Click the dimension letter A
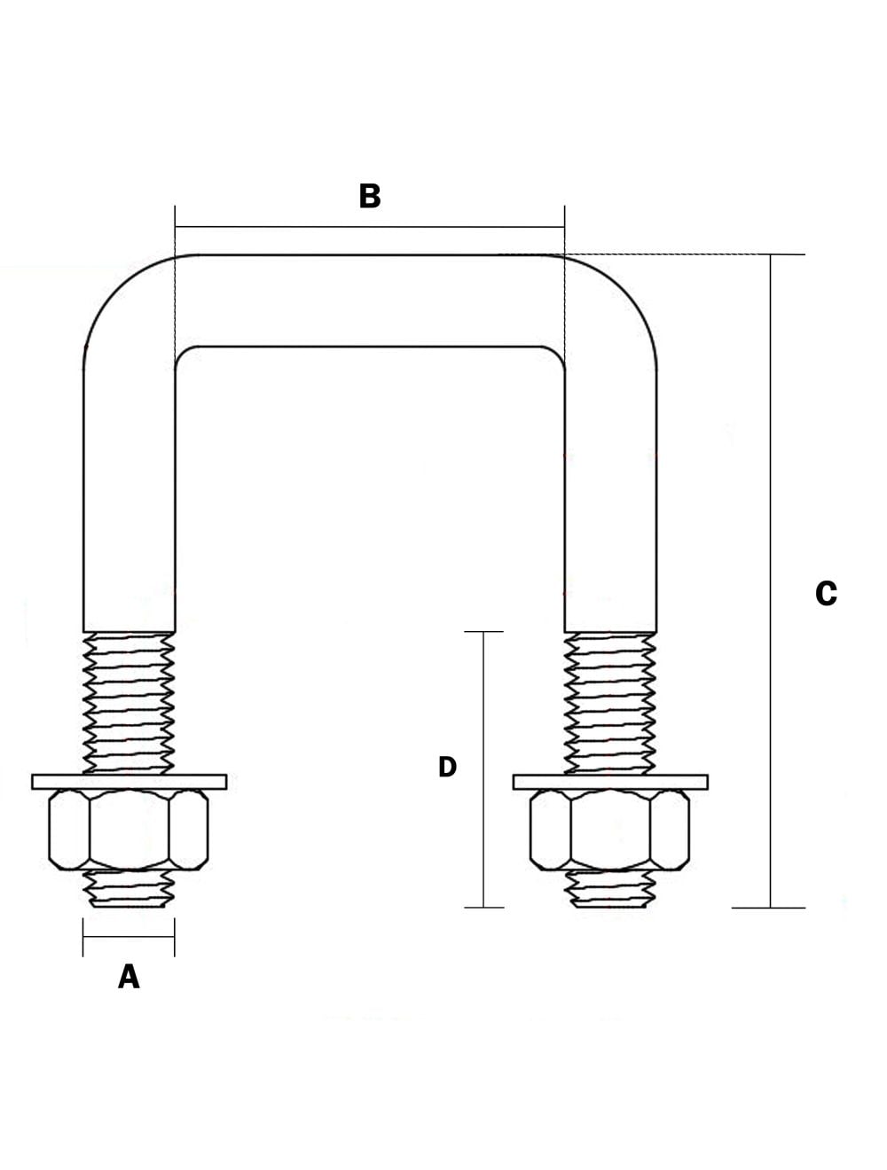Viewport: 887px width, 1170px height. coord(129,977)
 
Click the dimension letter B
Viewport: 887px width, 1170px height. coord(370,196)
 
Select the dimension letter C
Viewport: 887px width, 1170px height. coord(826,593)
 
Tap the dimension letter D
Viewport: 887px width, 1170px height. coord(447,767)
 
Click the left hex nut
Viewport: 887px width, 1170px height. coord(129,830)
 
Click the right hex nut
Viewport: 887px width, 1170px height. coord(609,830)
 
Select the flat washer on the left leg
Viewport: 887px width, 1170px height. coord(129,782)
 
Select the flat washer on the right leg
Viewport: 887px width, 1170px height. coord(609,782)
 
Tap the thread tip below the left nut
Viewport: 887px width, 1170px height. coord(129,890)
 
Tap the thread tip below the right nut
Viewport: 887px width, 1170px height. coord(609,890)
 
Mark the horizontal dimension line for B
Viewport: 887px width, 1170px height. coord(370,227)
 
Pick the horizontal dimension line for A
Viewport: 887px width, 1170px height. coord(129,937)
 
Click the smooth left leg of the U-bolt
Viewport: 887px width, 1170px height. coord(129,496)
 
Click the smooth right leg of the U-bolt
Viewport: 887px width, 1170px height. coord(610,496)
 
